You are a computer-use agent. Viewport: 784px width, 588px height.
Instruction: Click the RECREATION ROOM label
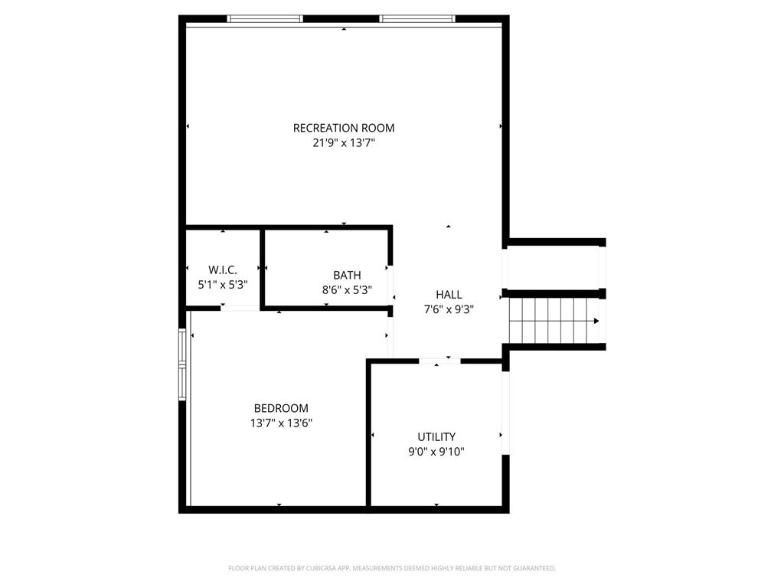pos(344,128)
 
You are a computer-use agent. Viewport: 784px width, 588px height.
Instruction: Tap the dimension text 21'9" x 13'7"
pos(344,142)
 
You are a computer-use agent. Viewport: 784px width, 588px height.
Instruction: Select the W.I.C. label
pos(223,269)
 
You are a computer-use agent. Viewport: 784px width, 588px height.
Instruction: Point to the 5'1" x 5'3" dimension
pos(223,284)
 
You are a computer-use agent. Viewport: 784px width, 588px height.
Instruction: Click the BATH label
pos(347,275)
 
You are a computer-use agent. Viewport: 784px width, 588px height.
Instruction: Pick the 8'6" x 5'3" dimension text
pos(347,289)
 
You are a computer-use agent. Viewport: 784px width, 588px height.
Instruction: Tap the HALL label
pos(449,295)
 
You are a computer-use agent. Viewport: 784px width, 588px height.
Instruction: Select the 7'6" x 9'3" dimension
pos(449,309)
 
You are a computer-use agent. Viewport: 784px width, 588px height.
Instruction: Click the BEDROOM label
pos(281,408)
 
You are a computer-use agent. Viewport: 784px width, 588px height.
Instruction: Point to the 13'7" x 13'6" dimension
pos(281,423)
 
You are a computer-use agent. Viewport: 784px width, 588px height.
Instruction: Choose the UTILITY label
pos(436,437)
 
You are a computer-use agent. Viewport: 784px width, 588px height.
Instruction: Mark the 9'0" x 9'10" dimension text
pos(436,452)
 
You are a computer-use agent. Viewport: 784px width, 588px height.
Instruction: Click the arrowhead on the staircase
pos(595,322)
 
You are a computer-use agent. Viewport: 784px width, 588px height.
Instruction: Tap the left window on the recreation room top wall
pos(265,18)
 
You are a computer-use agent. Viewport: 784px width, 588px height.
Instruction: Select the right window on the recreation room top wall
pos(417,18)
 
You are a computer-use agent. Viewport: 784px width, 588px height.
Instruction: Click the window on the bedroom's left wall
pos(182,364)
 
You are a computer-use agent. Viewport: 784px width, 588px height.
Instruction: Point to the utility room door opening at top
pos(439,361)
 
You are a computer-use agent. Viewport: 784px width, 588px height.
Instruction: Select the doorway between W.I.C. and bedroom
pos(240,308)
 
